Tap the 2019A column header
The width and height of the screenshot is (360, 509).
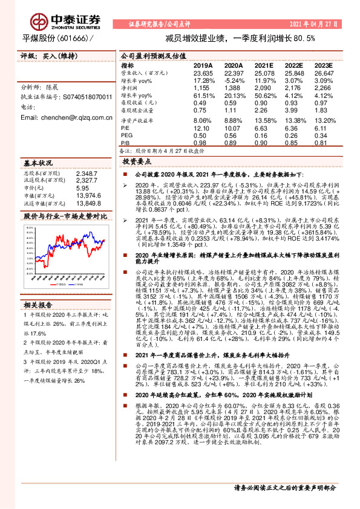click(203, 65)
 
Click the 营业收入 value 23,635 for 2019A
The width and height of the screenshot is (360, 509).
click(203, 73)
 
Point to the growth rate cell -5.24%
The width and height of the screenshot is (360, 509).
click(233, 80)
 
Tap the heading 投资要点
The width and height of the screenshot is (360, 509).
click(137, 162)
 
